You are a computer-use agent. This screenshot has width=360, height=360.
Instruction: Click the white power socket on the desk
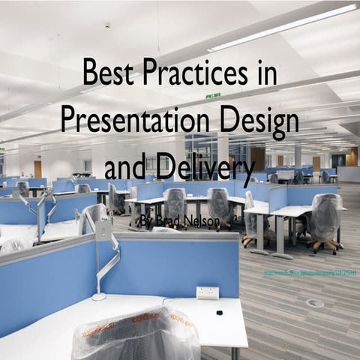pyautogui.click(x=207, y=292)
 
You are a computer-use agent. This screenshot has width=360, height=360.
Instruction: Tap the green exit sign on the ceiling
pyautogui.click(x=213, y=95)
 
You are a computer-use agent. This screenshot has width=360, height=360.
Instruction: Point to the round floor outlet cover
pyautogui.click(x=315, y=303)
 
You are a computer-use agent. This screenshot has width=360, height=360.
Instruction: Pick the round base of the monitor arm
pyautogui.click(x=99, y=297)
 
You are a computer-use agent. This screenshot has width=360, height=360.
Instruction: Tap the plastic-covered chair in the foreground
pyautogui.click(x=135, y=334)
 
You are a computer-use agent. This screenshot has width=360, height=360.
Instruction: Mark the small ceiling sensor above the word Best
pyautogui.click(x=107, y=25)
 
